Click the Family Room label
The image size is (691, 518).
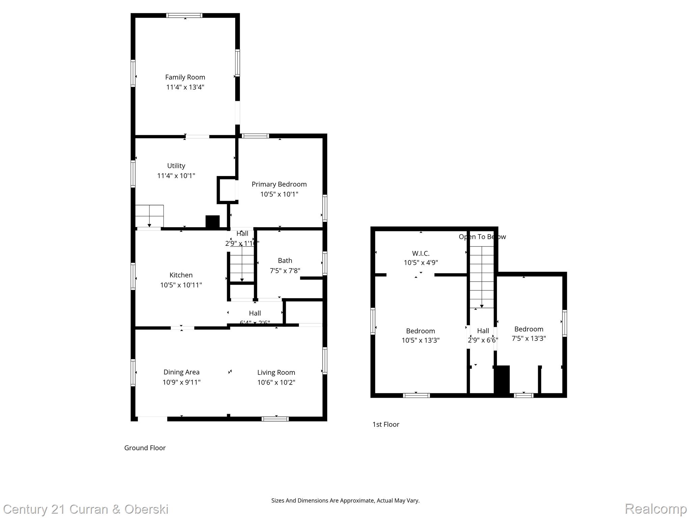click(x=185, y=77)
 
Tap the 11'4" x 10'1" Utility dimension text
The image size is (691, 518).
click(x=176, y=176)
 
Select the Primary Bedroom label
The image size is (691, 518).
click(x=279, y=184)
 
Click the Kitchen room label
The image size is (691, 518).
click(x=181, y=275)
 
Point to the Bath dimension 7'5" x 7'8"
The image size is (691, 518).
click(x=285, y=270)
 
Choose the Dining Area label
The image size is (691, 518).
click(x=181, y=372)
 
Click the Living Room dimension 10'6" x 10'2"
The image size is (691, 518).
click(x=276, y=382)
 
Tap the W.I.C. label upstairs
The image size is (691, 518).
click(x=420, y=253)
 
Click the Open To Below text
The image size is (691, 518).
click(x=482, y=237)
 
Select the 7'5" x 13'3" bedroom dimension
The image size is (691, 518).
click(x=528, y=338)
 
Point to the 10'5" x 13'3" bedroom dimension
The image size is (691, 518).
click(x=420, y=340)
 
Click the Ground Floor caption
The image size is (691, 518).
click(x=145, y=448)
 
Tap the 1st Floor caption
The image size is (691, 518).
click(x=386, y=424)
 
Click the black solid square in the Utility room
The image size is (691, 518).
click(x=213, y=222)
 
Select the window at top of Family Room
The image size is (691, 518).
click(x=184, y=16)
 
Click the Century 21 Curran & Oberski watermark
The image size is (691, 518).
click(x=86, y=509)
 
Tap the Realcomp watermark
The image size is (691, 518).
click(x=656, y=508)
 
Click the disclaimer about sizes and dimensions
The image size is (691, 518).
click(x=345, y=500)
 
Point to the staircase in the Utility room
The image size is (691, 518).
click(x=149, y=216)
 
